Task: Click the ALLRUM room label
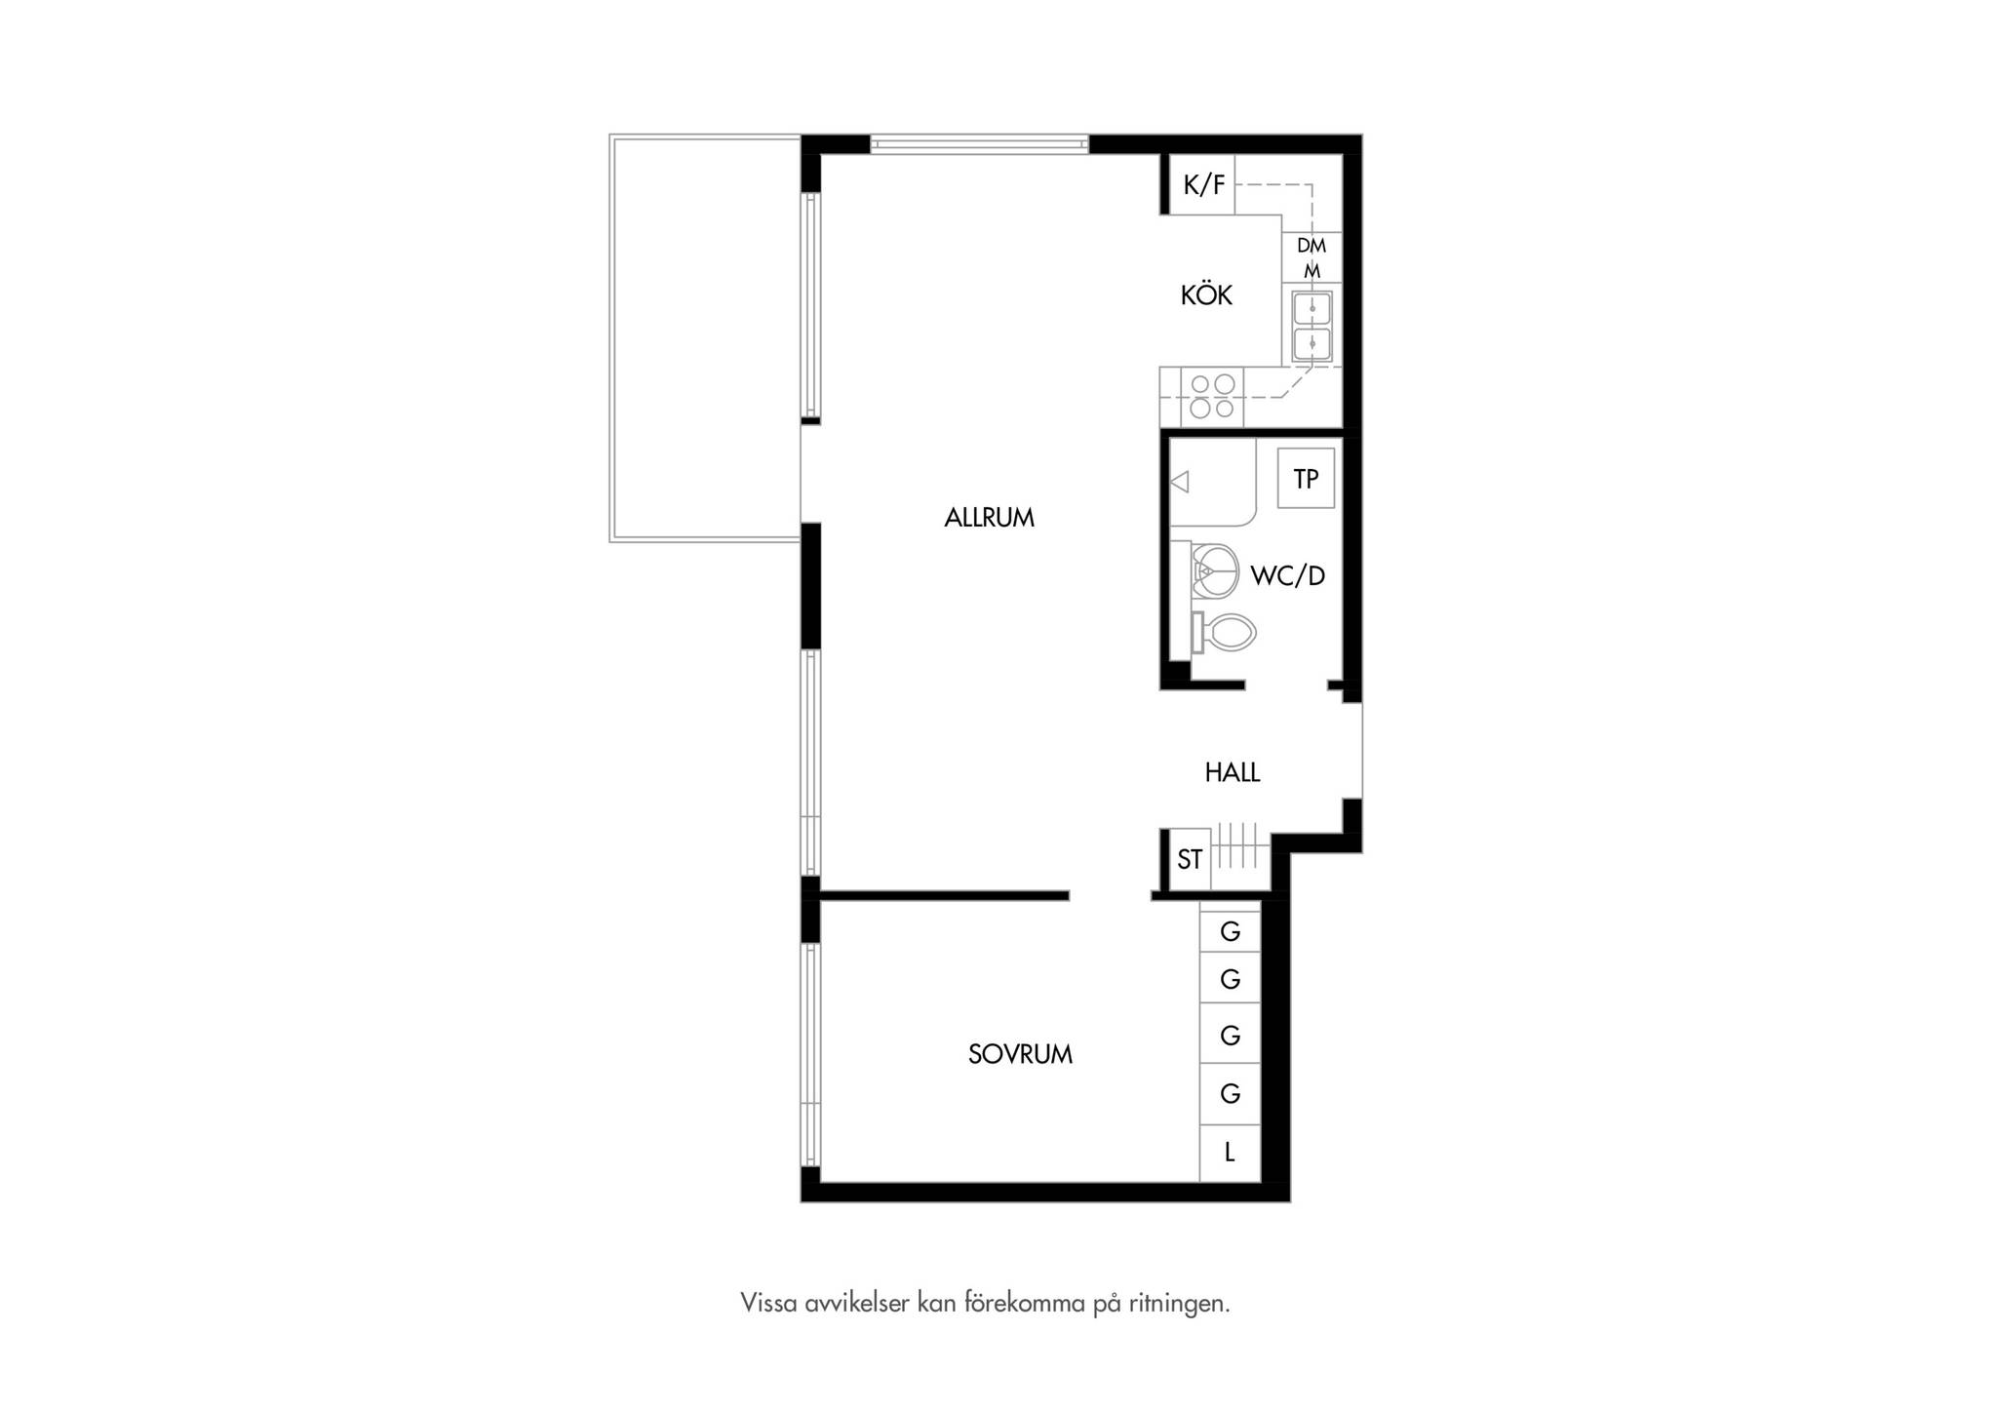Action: [x=989, y=518]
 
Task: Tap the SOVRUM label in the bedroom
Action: [x=1020, y=1054]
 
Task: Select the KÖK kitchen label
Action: [x=1206, y=294]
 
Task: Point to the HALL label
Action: [x=1233, y=772]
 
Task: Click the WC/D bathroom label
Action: [x=1288, y=576]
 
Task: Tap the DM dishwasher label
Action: [x=1312, y=246]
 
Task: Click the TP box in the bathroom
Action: [x=1306, y=478]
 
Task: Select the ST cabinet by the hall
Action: [x=1190, y=859]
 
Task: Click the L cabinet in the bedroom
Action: [x=1230, y=1153]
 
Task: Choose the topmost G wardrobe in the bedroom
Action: [x=1230, y=931]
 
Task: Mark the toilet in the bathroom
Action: [x=1223, y=633]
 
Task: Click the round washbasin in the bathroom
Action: [x=1215, y=570]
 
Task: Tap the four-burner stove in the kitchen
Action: [x=1212, y=397]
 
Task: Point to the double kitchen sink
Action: [x=1312, y=326]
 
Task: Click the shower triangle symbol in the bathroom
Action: [x=1180, y=482]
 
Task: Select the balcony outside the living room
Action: [x=705, y=338]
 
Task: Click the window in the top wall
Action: [x=979, y=144]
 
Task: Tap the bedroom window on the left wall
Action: [x=810, y=1054]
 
